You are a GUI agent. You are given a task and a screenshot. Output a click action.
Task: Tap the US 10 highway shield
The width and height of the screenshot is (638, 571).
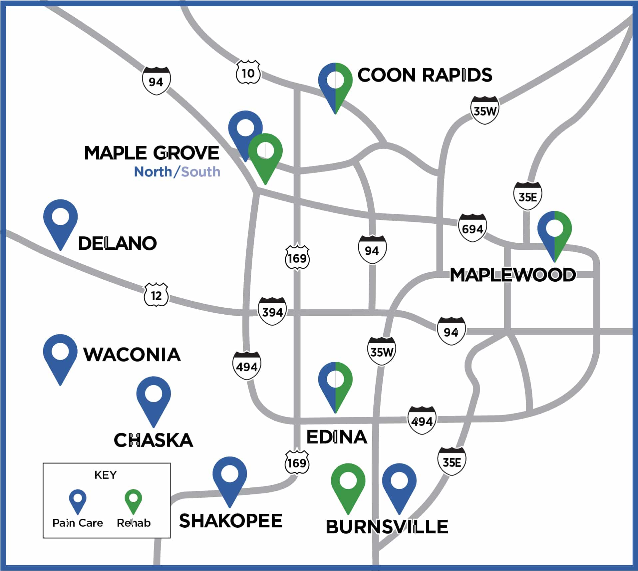coord(248,72)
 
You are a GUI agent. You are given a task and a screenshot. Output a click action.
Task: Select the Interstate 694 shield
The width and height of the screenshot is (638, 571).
coord(472,228)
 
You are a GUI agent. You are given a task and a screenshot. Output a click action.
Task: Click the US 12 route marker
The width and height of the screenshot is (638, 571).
coord(156,295)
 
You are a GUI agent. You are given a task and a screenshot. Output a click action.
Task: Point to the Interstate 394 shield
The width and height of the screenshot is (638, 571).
coord(272,311)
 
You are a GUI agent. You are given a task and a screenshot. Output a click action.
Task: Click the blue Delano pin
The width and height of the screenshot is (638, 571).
coord(60,220)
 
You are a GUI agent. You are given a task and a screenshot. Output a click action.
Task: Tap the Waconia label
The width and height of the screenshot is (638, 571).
coord(132,355)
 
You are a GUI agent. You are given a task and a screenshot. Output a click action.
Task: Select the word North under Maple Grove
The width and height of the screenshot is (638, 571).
coord(153,172)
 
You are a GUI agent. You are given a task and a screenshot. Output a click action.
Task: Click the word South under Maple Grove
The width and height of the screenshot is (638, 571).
coord(200,172)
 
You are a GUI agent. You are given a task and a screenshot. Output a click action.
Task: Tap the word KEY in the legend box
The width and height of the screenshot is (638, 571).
coord(106,475)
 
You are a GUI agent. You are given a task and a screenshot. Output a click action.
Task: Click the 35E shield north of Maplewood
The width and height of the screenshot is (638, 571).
coord(527,196)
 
